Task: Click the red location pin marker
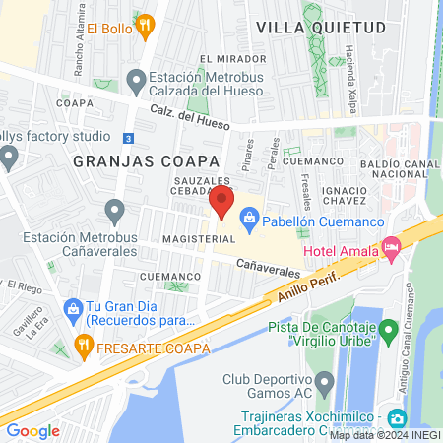tap(222, 204)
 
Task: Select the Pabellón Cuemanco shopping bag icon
tap(250, 216)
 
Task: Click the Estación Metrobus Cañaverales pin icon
tap(116, 210)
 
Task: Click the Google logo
tap(32, 430)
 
